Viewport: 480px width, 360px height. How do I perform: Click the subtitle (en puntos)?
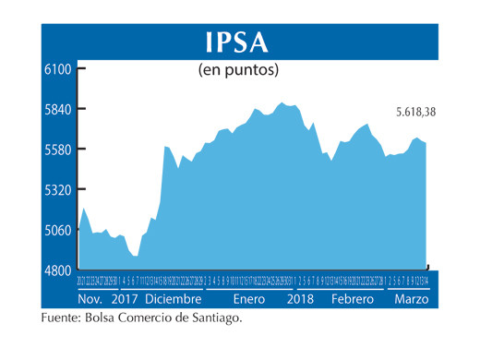[x=238, y=69]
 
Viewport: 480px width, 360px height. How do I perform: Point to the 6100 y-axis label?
[x=58, y=68]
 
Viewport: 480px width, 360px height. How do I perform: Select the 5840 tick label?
[x=58, y=109]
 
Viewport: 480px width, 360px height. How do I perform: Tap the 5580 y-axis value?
[x=58, y=150]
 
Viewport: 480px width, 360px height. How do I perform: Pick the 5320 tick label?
[x=58, y=190]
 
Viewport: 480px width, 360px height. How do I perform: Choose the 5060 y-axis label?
[x=58, y=230]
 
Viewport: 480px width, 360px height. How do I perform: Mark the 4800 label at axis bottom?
[x=58, y=270]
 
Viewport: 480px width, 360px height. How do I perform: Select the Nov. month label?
[x=90, y=300]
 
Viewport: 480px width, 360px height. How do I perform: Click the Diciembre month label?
[x=173, y=300]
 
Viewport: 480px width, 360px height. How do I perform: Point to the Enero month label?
[x=249, y=300]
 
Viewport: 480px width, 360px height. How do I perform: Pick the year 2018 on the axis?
[x=301, y=300]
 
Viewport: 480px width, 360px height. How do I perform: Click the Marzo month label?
[x=411, y=300]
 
